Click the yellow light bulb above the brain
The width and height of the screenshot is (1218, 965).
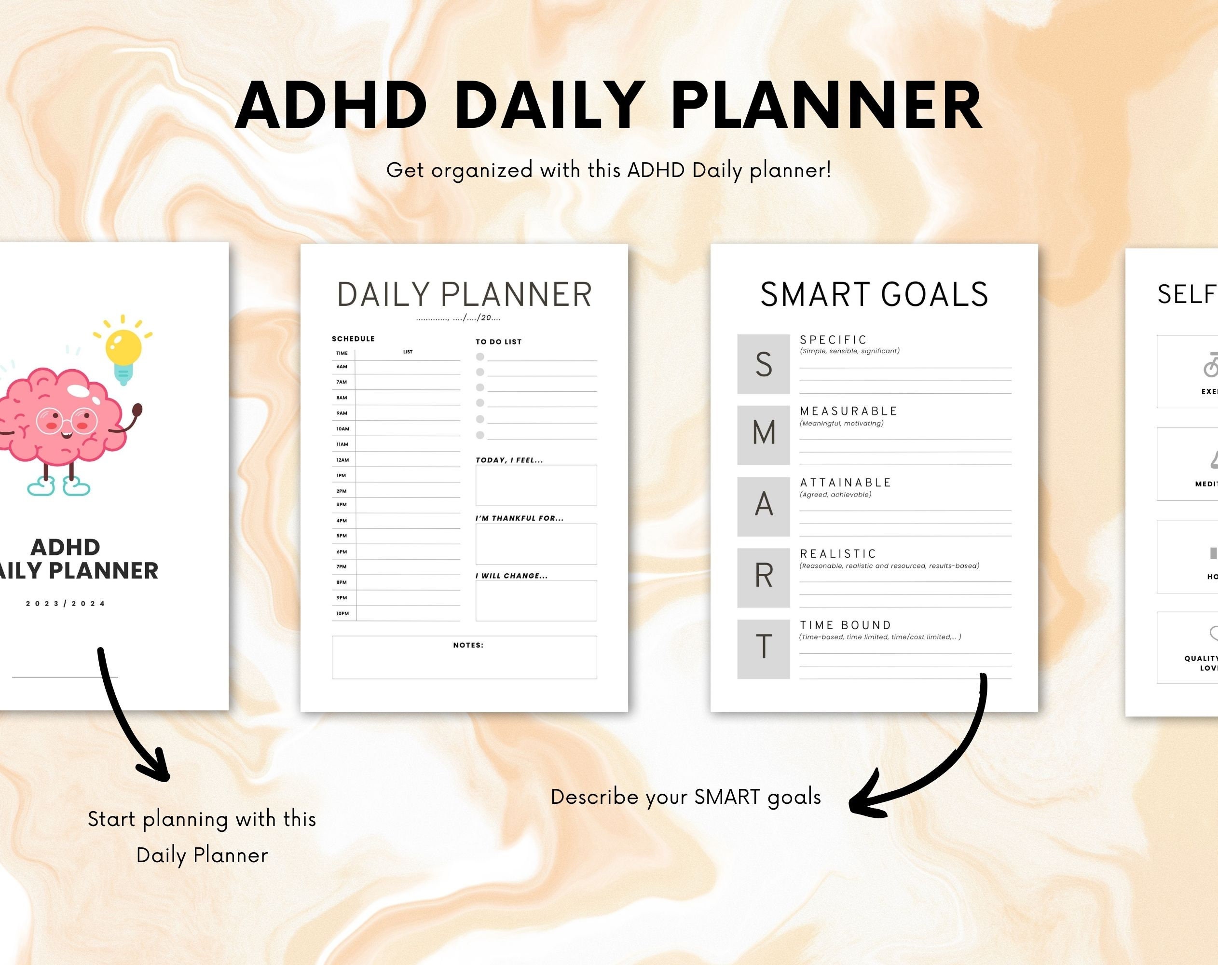point(123,347)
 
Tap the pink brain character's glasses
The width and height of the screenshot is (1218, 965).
point(67,420)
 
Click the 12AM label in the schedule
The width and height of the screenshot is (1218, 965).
point(342,460)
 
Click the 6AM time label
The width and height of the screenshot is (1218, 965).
point(342,367)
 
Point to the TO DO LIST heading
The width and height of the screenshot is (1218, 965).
point(498,342)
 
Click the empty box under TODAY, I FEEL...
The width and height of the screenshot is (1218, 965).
point(535,485)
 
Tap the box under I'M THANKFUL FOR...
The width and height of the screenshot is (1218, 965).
point(535,544)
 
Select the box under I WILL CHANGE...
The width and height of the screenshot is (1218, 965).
point(535,601)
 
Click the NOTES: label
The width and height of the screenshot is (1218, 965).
point(468,645)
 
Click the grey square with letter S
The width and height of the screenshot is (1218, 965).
point(763,364)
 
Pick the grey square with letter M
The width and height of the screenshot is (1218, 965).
point(763,435)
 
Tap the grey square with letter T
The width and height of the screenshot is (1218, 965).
point(763,648)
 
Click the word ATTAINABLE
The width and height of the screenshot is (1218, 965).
point(845,482)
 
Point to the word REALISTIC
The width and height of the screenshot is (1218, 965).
point(838,554)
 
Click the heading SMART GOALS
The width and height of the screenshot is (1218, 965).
point(874,295)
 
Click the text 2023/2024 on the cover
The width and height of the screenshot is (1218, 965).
point(66,604)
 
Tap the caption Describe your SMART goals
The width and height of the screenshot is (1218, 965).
point(685,797)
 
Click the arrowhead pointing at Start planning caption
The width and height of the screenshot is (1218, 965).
point(155,769)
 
